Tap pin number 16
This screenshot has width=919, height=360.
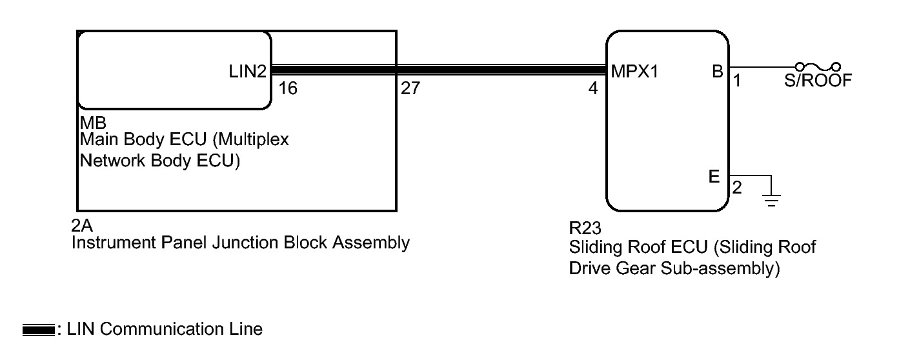[288, 88]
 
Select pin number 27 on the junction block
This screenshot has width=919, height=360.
[410, 88]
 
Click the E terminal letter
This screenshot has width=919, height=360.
[714, 177]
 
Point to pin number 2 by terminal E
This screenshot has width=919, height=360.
[736, 188]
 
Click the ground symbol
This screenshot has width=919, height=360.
[771, 199]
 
